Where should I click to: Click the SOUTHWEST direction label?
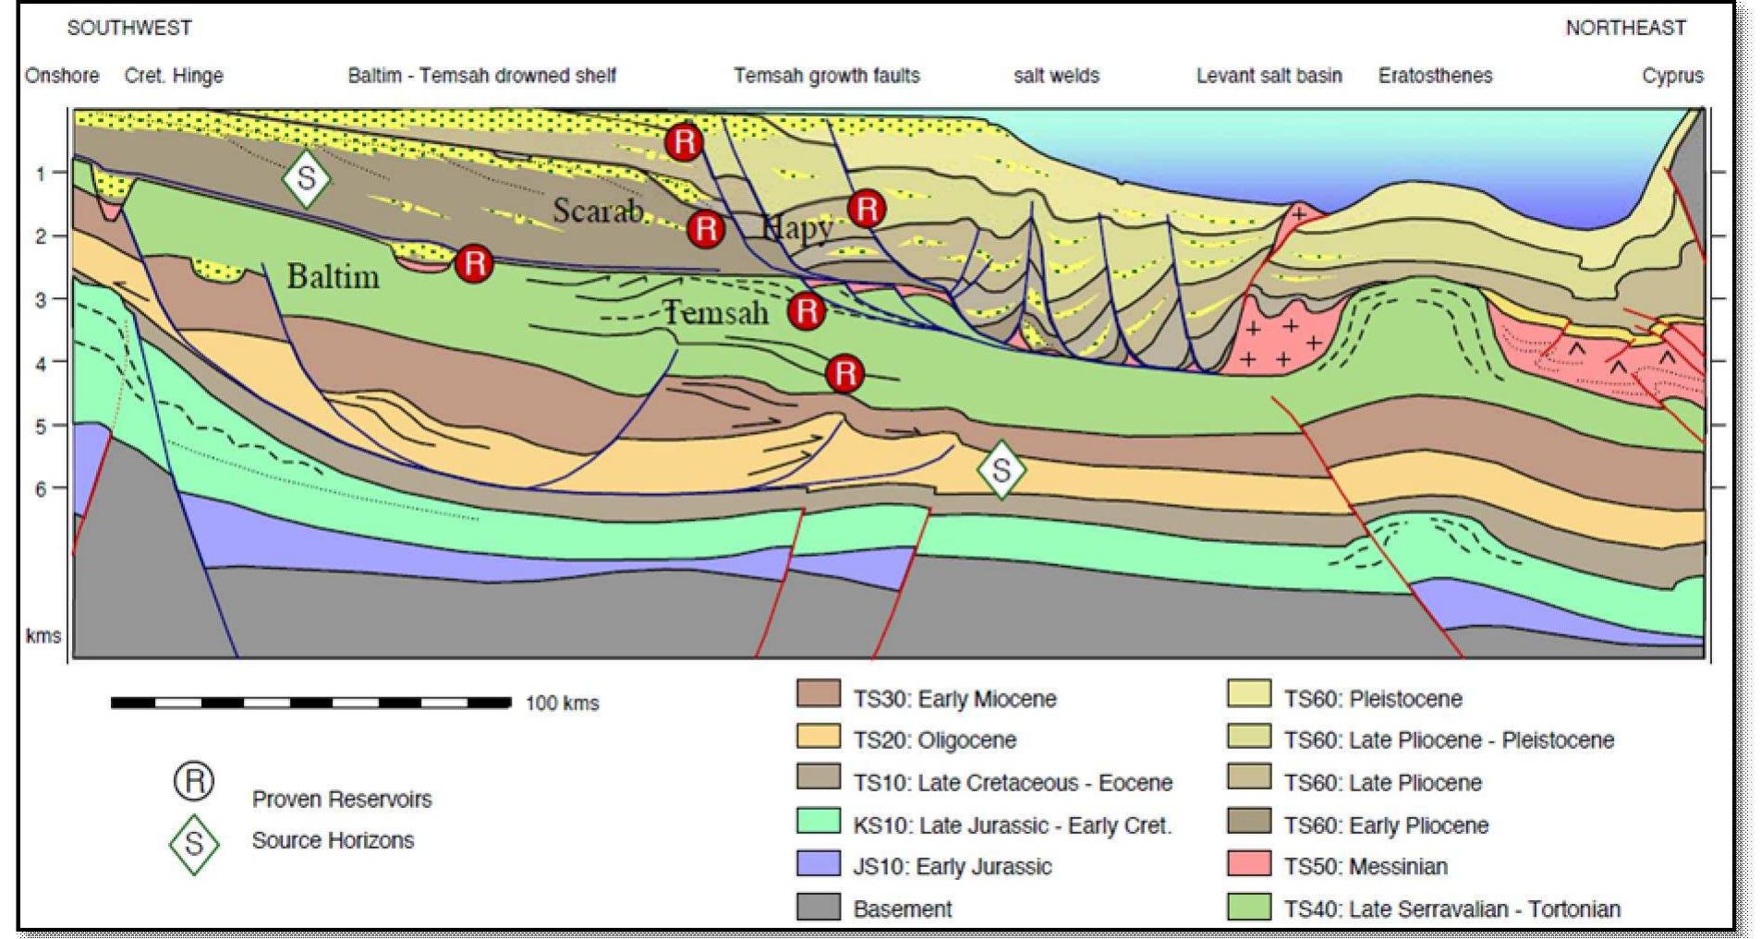click(x=129, y=28)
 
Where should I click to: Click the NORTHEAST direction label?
click(x=1625, y=28)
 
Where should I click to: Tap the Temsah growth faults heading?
click(x=827, y=76)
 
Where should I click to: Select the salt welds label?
click(x=1056, y=76)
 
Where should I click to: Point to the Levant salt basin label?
click(x=1269, y=76)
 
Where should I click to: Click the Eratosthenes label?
click(x=1435, y=76)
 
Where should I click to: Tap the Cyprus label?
click(x=1672, y=76)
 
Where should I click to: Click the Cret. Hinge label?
click(x=174, y=76)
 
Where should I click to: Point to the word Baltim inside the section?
click(x=333, y=276)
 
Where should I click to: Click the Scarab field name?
click(x=598, y=211)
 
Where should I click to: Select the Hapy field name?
click(x=796, y=226)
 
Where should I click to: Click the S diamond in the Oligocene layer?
click(x=1002, y=471)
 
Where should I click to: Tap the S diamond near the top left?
click(x=307, y=177)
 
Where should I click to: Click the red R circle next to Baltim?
click(x=474, y=263)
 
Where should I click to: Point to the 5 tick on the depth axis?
click(x=41, y=427)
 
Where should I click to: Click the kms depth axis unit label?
click(x=43, y=636)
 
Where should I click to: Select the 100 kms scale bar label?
click(x=562, y=704)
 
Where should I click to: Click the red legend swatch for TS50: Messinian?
click(x=1248, y=865)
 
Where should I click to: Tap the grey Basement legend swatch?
click(x=818, y=908)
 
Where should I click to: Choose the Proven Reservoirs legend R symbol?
click(x=194, y=782)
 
